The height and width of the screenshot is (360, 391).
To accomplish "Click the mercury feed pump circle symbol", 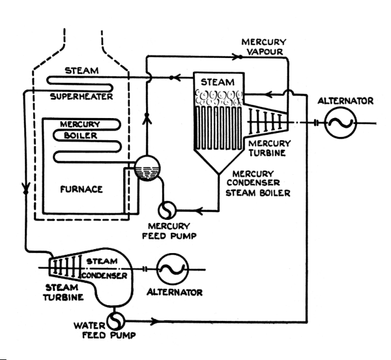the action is click(x=167, y=210).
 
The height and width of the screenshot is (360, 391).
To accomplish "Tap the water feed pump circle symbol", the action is click(x=116, y=321).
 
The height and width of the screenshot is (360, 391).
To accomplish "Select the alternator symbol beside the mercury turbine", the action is click(x=341, y=123).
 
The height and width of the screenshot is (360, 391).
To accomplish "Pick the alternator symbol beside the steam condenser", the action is click(x=172, y=269).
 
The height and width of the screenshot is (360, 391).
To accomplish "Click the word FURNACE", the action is click(x=81, y=189).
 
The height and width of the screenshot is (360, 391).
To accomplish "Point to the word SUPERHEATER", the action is click(x=81, y=97).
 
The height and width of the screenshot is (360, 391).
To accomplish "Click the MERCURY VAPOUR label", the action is click(x=264, y=47).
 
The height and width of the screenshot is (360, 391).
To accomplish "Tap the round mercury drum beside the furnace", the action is click(x=147, y=168).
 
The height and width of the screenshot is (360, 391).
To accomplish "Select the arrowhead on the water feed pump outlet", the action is click(x=153, y=321).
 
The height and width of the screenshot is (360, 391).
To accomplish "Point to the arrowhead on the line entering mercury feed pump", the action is click(x=199, y=211).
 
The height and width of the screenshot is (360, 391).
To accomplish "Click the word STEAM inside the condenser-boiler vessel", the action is click(x=218, y=82).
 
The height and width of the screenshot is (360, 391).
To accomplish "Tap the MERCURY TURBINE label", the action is click(x=269, y=148).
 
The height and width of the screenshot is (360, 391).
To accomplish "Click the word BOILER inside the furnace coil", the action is click(x=81, y=136).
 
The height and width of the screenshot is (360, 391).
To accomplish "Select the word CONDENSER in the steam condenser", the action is click(x=104, y=275).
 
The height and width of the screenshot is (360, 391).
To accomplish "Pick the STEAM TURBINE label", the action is click(x=63, y=292).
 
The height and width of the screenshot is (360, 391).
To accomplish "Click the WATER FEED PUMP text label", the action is click(x=105, y=330).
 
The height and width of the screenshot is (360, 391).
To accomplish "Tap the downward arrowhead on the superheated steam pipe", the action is click(x=25, y=188).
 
